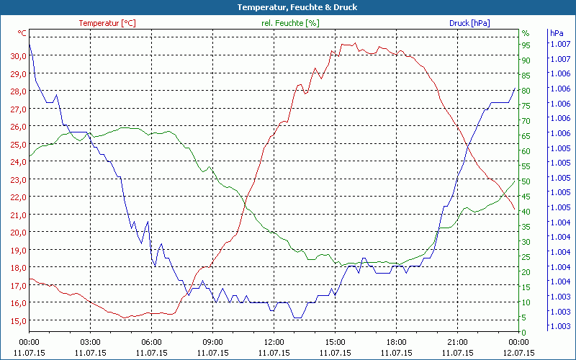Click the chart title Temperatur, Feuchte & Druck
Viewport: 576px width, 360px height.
tap(287, 7)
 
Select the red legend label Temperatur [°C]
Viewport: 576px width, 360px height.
tap(107, 23)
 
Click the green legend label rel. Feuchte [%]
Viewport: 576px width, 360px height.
tap(289, 23)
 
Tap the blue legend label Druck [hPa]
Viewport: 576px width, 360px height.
tap(469, 23)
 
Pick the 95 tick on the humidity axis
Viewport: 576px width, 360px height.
tap(526, 45)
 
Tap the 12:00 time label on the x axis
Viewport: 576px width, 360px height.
tap(274, 343)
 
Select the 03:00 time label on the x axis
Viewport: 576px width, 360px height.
tap(90, 343)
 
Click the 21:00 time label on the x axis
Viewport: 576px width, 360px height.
tap(457, 343)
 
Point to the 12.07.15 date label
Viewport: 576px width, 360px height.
tap(518, 353)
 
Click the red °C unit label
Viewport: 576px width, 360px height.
tap(22, 33)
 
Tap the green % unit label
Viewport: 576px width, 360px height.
tap(526, 33)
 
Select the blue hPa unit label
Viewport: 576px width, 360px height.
tap(557, 33)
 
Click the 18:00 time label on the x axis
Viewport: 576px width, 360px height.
tap(396, 343)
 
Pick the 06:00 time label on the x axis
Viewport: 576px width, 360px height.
tap(151, 343)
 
